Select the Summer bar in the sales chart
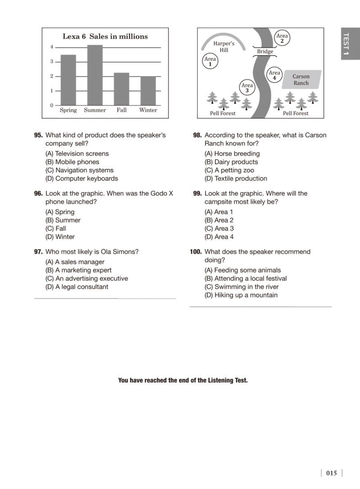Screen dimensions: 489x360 95,75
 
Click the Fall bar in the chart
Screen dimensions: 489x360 121,89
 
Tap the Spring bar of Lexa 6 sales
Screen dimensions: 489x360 68,80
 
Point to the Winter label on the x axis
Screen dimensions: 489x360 148,110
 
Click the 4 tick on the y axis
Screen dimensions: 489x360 52,47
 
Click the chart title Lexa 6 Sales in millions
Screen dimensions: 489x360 105,36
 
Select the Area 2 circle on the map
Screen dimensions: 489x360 282,39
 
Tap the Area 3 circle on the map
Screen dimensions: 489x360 247,88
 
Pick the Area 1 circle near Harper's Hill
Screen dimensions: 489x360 210,62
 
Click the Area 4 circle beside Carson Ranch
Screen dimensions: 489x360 274,75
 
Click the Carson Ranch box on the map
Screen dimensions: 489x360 301,80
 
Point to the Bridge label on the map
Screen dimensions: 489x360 265,52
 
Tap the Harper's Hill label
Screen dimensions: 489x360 224,47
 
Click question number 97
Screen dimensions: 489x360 38,252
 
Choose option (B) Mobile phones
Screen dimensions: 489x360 72,162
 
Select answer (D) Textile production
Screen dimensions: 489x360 236,179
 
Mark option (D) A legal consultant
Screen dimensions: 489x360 77,287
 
